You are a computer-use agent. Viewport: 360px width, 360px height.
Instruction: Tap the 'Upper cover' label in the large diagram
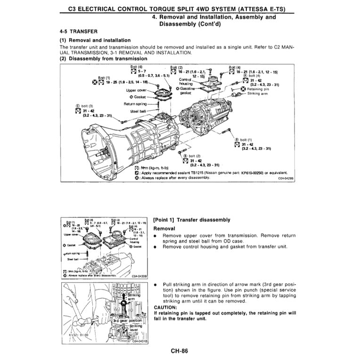click(137, 90)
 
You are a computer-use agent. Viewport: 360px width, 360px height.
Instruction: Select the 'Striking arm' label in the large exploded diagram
click(258, 94)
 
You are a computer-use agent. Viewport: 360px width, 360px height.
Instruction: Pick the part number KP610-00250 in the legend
click(243, 173)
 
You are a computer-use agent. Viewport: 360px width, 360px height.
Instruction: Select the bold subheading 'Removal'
click(164, 228)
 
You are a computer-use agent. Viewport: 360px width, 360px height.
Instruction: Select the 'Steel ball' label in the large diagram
click(139, 111)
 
